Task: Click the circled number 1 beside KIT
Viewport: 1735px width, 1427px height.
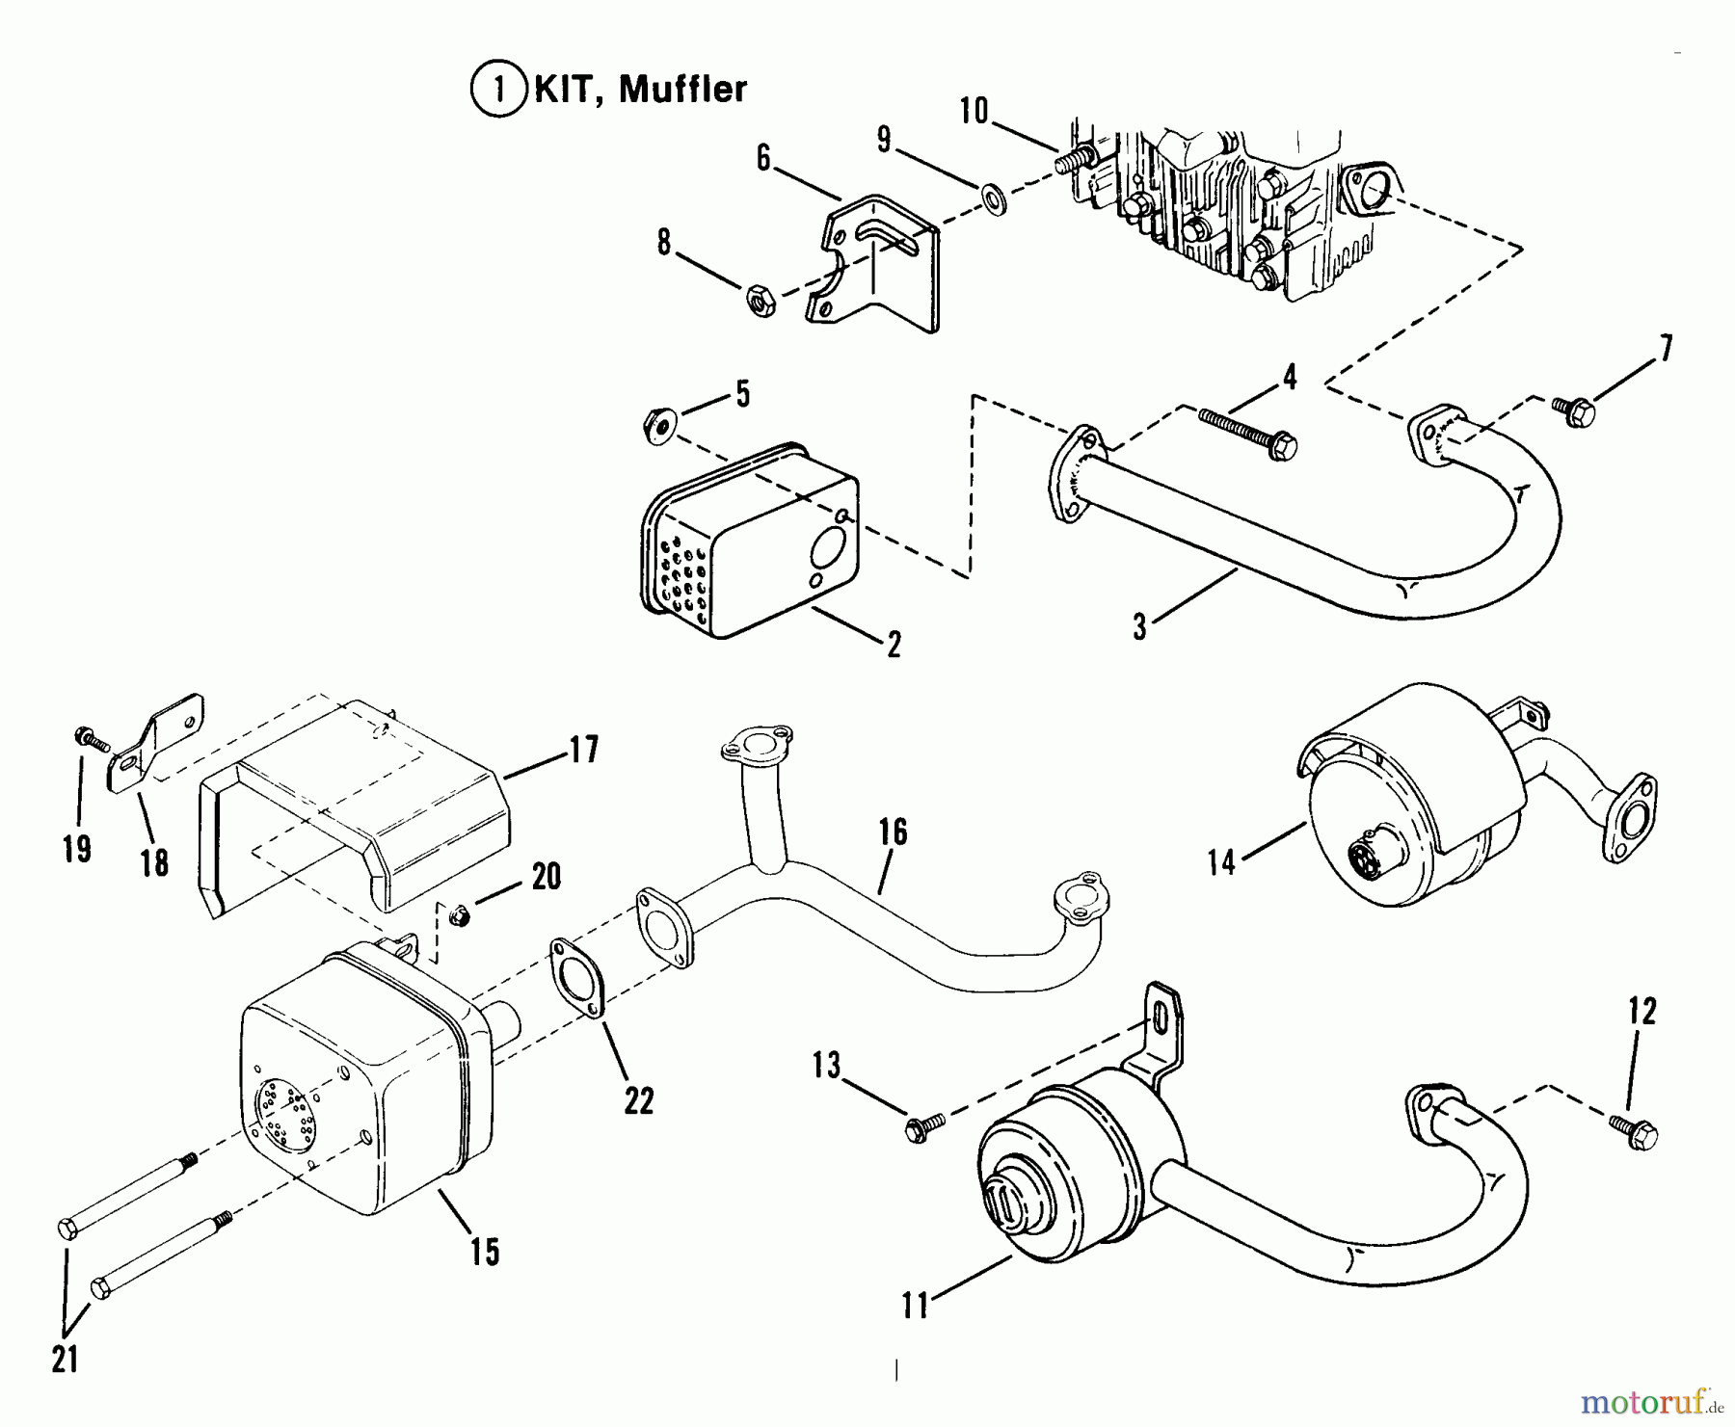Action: click(x=499, y=90)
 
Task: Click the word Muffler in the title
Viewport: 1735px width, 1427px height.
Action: click(x=682, y=90)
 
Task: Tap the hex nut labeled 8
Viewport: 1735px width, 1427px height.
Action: click(x=762, y=300)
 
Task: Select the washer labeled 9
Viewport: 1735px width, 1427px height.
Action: click(x=994, y=201)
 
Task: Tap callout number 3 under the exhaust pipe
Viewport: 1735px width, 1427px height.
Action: click(x=1140, y=627)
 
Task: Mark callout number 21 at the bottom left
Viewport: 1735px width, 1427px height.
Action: click(x=65, y=1360)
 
